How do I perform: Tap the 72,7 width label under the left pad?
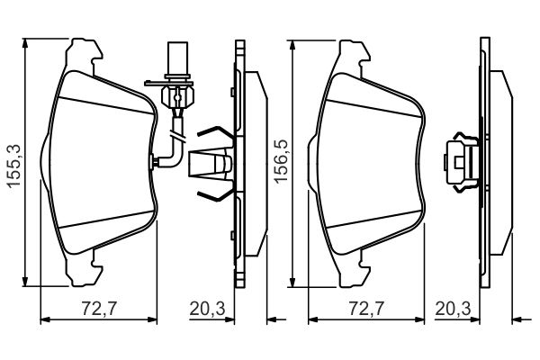coord(99,309)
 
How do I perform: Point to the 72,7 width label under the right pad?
coord(366,309)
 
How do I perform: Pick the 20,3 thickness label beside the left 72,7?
coord(207,309)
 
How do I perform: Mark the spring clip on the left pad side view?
coord(215,163)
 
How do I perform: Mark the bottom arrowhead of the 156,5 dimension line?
coord(293,281)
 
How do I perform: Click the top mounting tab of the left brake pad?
coord(83,49)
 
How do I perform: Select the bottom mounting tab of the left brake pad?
coord(83,273)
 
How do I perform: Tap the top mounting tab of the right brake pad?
coord(350,49)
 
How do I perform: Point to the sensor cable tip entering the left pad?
coord(156,161)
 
